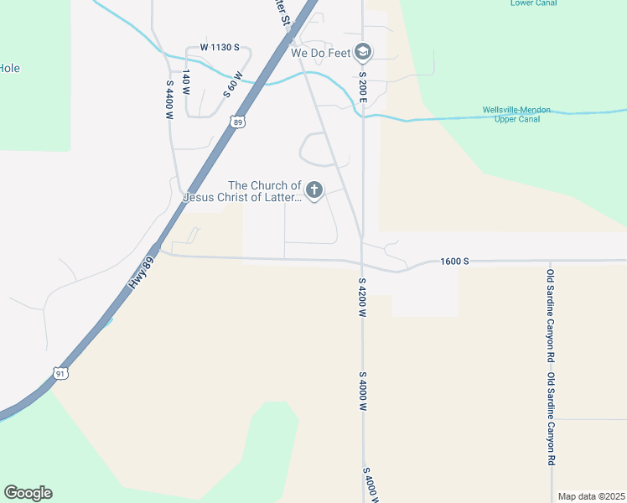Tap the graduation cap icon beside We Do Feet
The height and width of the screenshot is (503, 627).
(363, 53)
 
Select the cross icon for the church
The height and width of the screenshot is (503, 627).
(314, 191)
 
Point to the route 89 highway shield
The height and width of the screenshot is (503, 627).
(238, 122)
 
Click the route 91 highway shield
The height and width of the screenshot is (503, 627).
(60, 373)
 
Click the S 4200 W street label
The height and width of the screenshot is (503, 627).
(363, 298)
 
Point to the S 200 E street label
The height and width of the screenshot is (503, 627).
(363, 86)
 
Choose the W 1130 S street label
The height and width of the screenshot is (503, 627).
(220, 48)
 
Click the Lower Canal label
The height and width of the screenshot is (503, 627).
(532, 3)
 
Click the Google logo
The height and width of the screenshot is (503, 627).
(28, 493)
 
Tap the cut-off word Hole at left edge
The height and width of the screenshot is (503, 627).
(10, 69)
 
